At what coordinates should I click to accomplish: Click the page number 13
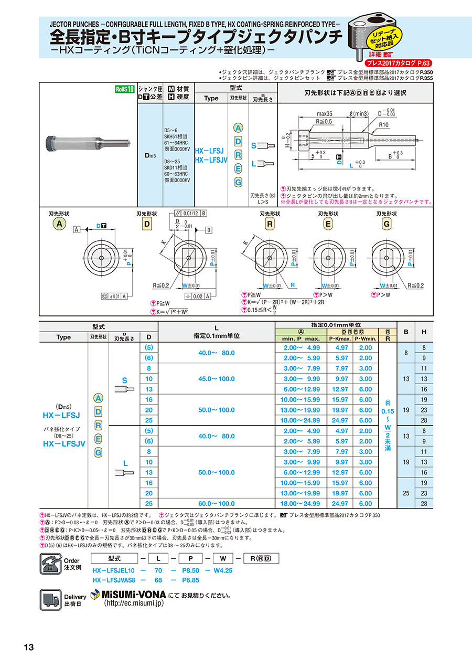click(28, 647)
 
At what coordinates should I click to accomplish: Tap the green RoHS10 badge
click(125, 89)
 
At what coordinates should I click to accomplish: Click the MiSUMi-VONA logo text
click(128, 595)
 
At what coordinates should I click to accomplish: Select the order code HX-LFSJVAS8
click(114, 580)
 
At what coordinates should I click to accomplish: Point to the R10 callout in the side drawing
click(382, 125)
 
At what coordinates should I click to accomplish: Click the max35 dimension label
click(325, 113)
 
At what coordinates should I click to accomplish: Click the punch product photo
click(88, 142)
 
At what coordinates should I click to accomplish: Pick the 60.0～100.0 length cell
click(217, 503)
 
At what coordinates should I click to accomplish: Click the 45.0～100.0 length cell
click(217, 378)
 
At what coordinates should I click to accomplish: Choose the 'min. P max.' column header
click(302, 340)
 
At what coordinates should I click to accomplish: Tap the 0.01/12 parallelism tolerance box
click(188, 213)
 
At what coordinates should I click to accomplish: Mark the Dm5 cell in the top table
click(150, 156)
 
